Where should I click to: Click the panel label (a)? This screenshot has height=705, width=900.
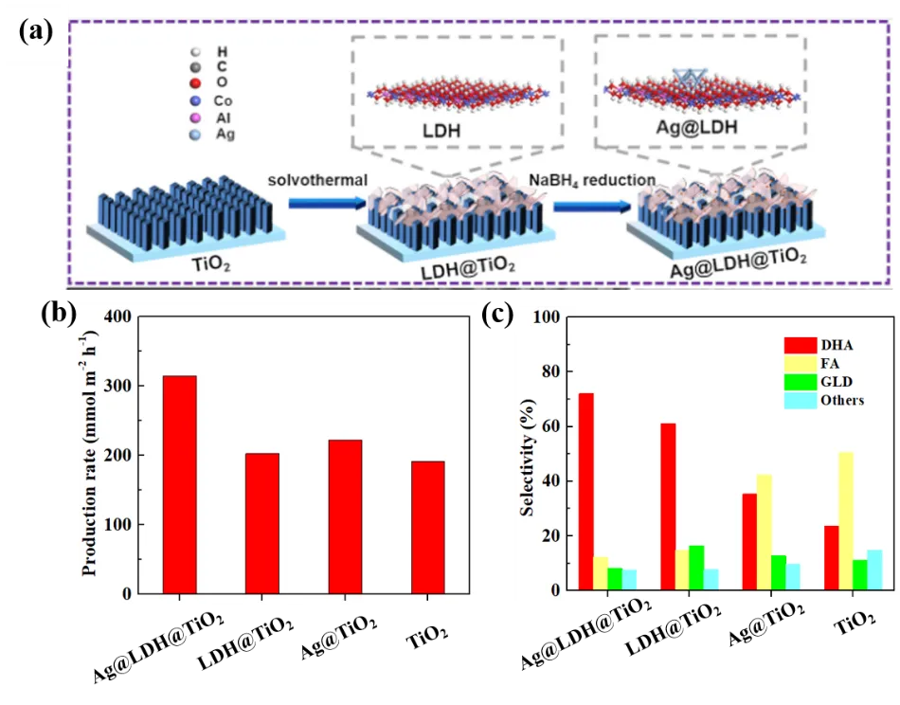(36, 31)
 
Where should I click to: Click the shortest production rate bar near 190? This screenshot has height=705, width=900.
(427, 527)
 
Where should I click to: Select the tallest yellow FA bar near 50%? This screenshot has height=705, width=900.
(846, 520)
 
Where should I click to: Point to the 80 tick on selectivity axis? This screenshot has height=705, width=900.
(549, 371)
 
